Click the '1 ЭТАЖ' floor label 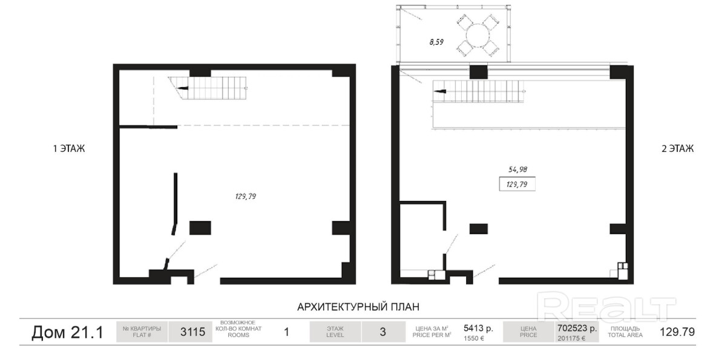coord(68,149)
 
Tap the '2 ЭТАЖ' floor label coord(677,149)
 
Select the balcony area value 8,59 coord(436,42)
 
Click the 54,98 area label coord(517,169)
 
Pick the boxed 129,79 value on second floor coord(517,185)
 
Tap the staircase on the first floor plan coord(208,88)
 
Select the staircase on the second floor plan coord(478,91)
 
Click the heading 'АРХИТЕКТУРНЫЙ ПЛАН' coord(358,307)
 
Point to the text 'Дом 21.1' coord(67,333)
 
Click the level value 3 coord(383,332)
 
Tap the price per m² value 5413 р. coord(478,328)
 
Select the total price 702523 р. coord(577,328)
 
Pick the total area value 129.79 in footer coord(677,332)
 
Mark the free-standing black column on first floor coord(200,227)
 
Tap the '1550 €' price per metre coord(475,338)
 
